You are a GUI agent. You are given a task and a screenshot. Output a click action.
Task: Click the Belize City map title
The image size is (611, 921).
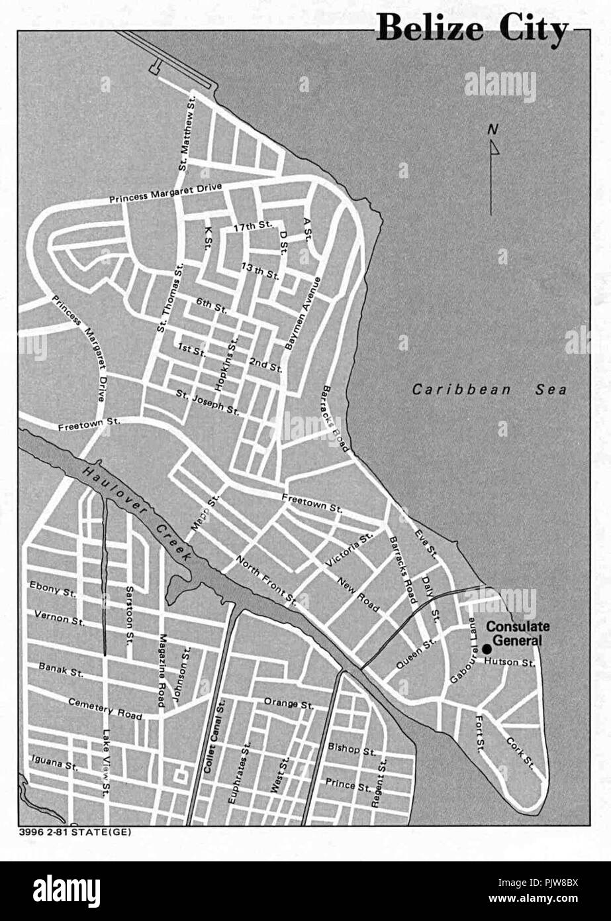tap(472, 30)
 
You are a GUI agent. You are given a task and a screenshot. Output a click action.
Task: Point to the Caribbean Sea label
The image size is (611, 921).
tap(489, 390)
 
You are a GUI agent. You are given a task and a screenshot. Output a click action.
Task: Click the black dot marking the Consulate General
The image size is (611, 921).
tap(487, 648)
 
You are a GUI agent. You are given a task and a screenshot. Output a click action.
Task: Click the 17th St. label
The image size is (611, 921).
tap(253, 226)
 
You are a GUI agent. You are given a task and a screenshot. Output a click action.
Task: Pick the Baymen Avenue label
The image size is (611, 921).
tap(303, 313)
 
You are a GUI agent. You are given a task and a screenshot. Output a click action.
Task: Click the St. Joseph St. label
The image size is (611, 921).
tap(208, 402)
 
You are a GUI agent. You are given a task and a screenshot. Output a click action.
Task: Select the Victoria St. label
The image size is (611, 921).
tap(350, 554)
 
